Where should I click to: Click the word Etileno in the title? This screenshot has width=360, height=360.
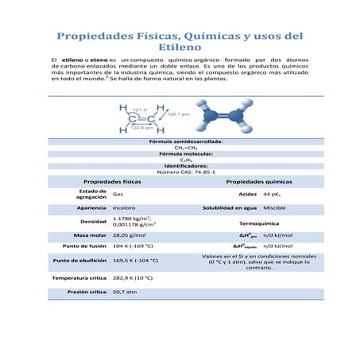point(180,48)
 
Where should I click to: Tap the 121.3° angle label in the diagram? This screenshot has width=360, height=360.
point(141,110)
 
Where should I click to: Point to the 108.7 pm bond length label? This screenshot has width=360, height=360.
point(178,114)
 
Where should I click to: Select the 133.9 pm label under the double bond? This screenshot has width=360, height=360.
point(141,126)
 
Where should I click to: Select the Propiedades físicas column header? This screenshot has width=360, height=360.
point(113,182)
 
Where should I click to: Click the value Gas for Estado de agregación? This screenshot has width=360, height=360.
point(118,194)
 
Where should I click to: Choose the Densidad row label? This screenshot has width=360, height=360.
point(94,221)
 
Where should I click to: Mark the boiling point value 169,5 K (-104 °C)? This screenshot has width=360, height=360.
point(140,260)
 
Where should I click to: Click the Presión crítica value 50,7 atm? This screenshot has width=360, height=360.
point(126,292)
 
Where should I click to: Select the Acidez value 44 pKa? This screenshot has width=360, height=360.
point(271,194)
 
